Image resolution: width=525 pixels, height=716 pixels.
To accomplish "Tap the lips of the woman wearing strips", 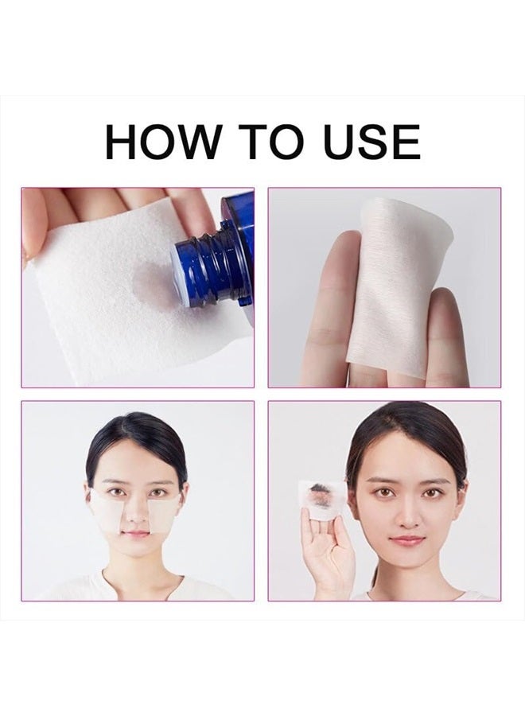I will (137, 534).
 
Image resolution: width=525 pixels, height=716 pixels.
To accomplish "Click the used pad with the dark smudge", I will (322, 498).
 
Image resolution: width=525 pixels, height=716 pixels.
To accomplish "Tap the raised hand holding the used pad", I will (327, 549).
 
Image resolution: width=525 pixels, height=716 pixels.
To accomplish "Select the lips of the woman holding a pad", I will (407, 540).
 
